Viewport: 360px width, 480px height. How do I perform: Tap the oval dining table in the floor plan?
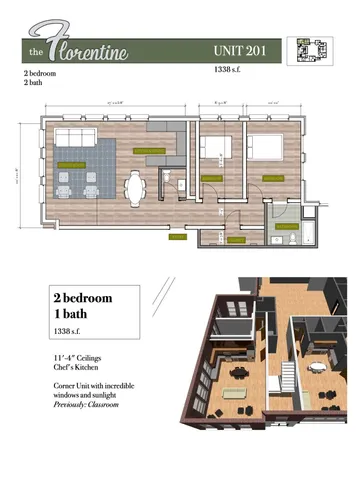[136, 187]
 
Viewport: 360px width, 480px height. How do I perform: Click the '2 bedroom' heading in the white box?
[82, 298]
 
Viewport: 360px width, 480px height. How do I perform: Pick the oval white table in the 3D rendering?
[319, 367]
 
